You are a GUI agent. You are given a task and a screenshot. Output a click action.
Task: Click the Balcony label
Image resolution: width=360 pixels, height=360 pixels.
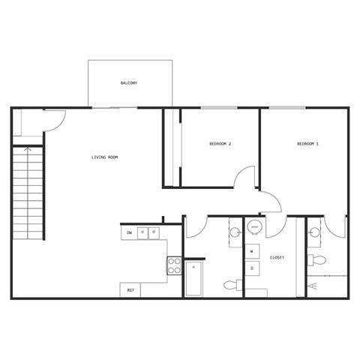click(128, 82)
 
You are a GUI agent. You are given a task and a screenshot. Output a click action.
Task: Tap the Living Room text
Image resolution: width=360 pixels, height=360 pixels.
click(105, 157)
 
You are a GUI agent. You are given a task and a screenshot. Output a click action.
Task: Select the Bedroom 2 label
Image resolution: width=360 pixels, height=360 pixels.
click(219, 143)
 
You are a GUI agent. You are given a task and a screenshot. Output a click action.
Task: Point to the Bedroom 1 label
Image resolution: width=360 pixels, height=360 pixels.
click(307, 143)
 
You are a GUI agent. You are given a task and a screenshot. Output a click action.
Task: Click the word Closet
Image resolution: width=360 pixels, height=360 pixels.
click(276, 257)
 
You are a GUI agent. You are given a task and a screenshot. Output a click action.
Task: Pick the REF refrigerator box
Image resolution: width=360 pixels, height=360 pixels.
click(131, 289)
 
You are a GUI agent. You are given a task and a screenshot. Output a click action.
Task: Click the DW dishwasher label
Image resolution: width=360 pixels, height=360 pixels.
click(129, 233)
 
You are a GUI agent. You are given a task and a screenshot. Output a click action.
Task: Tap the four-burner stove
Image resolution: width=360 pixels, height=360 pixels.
click(174, 265)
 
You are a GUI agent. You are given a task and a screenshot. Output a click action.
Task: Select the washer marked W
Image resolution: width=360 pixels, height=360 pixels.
click(253, 250)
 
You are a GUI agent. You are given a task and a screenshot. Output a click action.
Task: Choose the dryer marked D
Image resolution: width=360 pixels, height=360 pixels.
click(253, 268)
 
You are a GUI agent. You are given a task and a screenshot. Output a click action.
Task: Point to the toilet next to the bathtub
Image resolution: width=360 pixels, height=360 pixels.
click(233, 285)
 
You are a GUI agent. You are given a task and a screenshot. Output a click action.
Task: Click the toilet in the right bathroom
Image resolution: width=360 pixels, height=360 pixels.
click(318, 261)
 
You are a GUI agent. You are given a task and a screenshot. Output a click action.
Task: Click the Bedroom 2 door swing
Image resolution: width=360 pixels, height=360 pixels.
click(244, 177)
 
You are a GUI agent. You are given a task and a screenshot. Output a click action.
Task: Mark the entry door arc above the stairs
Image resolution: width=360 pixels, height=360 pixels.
click(55, 120)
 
